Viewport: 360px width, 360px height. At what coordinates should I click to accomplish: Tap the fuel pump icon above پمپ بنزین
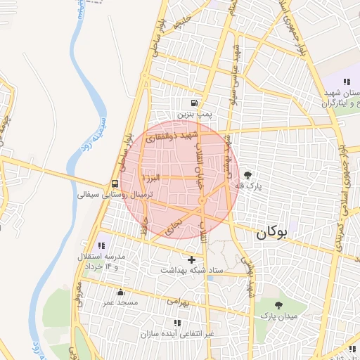click(194, 102)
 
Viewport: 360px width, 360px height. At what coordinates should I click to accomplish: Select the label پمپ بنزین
click(194, 112)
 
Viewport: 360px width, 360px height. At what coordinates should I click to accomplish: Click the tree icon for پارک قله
click(247, 176)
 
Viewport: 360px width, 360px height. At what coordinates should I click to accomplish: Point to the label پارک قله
click(247, 187)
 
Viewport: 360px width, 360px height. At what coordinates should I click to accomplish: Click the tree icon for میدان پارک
click(278, 306)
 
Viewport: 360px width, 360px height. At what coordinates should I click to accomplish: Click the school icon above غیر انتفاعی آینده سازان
click(176, 323)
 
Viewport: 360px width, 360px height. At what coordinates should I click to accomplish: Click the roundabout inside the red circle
click(202, 202)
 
